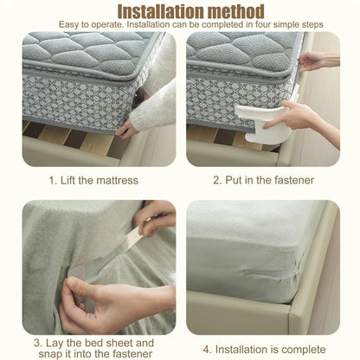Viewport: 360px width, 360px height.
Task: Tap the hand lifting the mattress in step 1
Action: point(127,129)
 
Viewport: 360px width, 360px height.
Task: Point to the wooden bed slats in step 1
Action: point(61,138)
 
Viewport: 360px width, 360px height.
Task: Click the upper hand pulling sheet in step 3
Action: point(156,216)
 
